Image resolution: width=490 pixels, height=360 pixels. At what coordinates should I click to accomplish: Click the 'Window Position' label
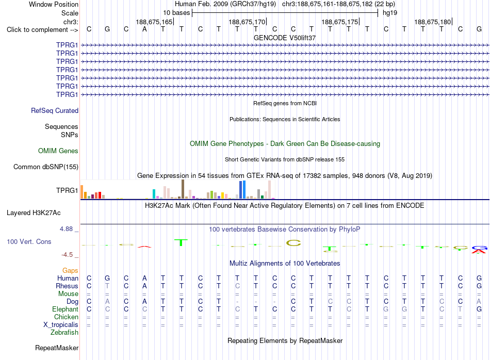[54, 4]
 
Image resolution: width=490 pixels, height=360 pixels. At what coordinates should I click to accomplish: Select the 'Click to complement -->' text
[42, 30]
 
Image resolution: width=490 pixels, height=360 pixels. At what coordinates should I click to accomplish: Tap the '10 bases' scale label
[176, 13]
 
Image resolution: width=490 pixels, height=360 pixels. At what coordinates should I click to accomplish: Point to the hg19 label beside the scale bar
[390, 13]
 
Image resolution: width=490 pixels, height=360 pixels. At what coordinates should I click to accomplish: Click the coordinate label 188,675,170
[247, 22]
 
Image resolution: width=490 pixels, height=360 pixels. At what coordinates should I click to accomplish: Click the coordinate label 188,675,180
[433, 22]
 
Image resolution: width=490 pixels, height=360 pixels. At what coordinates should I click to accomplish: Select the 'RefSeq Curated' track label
[55, 110]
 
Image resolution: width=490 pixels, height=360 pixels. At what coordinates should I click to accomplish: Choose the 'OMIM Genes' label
[58, 151]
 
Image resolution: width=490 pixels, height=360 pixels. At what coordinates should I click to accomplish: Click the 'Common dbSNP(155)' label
[46, 167]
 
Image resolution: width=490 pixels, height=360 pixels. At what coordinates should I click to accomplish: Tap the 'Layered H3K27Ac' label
[34, 213]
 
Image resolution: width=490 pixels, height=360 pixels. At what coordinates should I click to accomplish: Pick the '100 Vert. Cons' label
[29, 241]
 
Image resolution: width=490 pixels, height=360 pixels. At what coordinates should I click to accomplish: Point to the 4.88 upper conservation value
[66, 229]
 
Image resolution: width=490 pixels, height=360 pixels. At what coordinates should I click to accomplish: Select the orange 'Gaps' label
[70, 271]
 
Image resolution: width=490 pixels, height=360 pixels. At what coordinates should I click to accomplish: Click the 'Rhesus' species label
[67, 286]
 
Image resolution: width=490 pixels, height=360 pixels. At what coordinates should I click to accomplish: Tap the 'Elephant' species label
[66, 309]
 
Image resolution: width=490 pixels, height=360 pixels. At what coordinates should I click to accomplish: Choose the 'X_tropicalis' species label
[61, 325]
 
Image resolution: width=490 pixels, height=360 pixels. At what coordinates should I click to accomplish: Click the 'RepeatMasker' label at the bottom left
[57, 348]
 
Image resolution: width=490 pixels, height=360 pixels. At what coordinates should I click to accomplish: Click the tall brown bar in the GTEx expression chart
[183, 189]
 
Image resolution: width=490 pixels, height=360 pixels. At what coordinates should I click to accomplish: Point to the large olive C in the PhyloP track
[293, 243]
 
